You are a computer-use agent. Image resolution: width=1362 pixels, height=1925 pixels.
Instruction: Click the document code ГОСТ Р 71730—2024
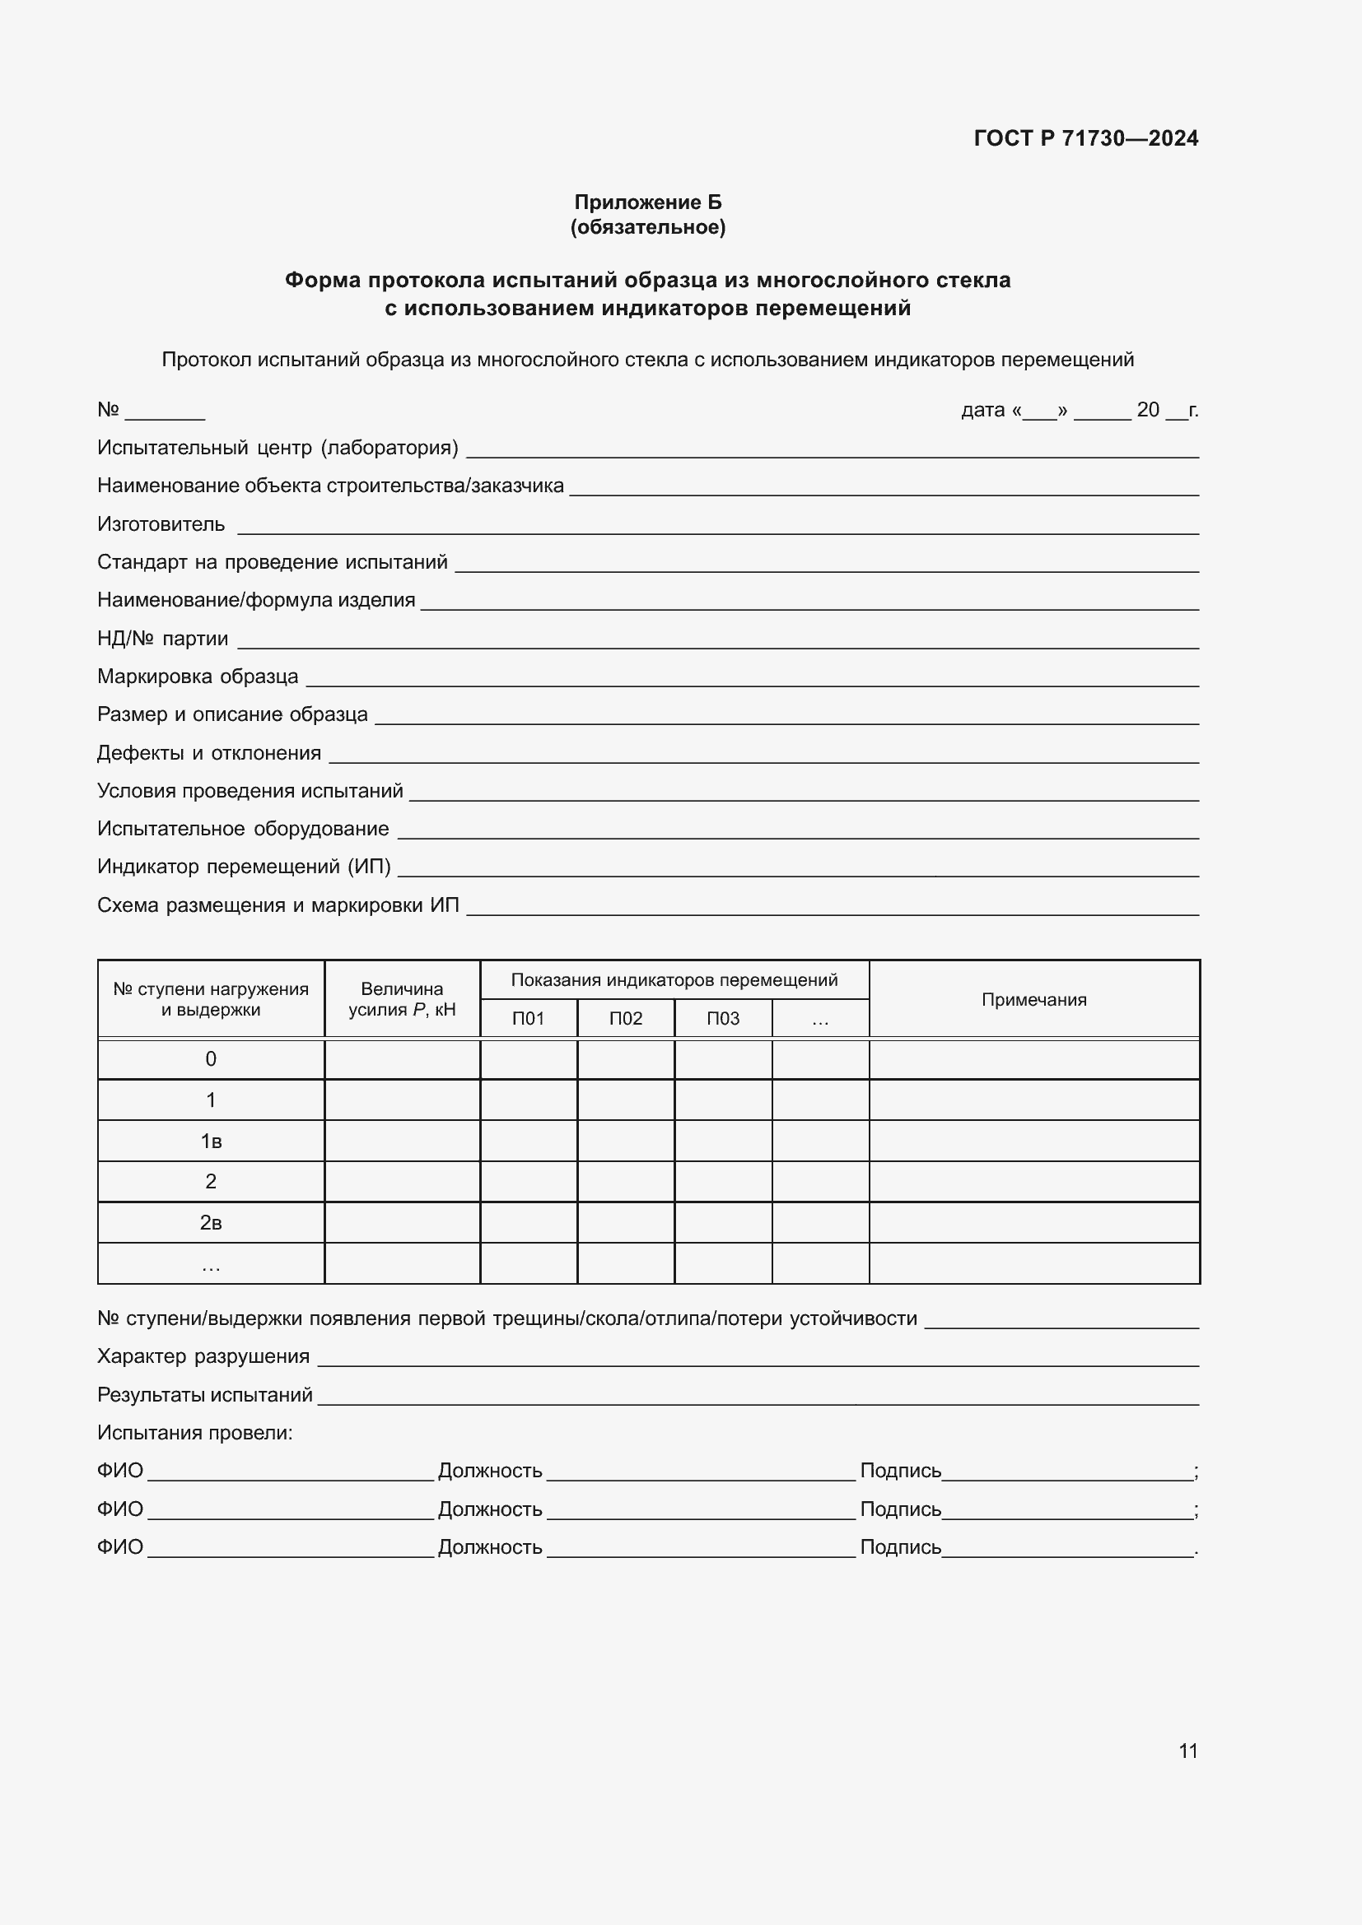tap(1085, 138)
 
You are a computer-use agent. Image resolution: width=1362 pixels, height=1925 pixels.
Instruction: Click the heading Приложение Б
tap(647, 202)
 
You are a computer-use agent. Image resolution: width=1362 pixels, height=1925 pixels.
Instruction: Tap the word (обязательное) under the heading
tap(647, 227)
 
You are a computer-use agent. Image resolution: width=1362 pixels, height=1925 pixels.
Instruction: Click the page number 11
tap(1187, 1751)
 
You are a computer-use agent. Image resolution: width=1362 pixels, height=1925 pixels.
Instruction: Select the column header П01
tap(529, 1019)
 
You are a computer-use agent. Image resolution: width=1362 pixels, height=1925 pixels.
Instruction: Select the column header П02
tap(626, 1019)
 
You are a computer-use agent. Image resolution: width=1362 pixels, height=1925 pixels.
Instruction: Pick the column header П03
tap(723, 1019)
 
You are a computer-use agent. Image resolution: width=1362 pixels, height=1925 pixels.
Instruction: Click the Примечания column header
tap(1033, 999)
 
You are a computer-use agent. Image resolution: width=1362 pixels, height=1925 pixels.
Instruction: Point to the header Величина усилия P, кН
tap(402, 999)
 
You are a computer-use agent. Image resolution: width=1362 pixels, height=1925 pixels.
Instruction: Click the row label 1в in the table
tap(211, 1141)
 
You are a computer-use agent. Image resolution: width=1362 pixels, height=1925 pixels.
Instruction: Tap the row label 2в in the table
tap(211, 1222)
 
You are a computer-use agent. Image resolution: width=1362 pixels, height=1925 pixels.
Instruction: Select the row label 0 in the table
tap(211, 1059)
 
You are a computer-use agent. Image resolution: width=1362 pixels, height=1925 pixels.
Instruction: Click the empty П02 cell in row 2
tap(626, 1181)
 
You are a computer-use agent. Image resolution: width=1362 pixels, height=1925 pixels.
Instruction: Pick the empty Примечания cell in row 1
tap(1033, 1100)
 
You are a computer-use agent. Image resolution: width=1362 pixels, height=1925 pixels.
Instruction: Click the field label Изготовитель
tap(161, 525)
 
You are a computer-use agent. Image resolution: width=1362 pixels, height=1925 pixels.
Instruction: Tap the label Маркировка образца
tap(197, 677)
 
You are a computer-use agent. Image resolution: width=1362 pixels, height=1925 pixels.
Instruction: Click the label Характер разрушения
tap(203, 1356)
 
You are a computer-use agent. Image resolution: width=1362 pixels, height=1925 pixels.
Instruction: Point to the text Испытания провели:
tap(194, 1433)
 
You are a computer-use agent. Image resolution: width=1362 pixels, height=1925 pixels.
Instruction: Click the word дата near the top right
tap(982, 410)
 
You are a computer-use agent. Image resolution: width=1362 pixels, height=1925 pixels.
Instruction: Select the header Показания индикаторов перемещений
tap(674, 980)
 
